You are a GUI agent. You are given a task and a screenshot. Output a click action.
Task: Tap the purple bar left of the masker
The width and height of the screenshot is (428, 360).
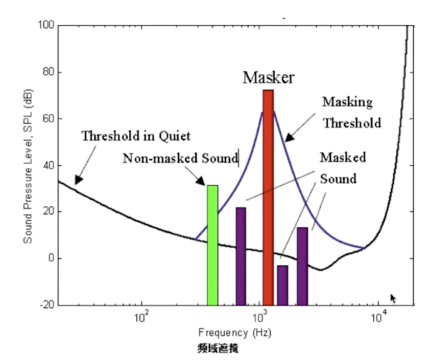pyautogui.click(x=241, y=256)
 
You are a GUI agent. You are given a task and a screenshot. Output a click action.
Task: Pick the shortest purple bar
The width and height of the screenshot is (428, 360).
pyautogui.click(x=282, y=285)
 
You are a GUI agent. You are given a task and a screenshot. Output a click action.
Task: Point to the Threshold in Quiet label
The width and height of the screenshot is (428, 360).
pyautogui.click(x=136, y=137)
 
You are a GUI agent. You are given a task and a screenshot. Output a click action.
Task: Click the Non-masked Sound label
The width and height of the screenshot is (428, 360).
pyautogui.click(x=180, y=159)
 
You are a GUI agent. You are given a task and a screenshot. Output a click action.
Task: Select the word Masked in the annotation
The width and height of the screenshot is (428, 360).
pyautogui.click(x=342, y=158)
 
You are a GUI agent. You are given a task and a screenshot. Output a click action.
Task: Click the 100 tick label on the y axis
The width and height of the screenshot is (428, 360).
pyautogui.click(x=46, y=25)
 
